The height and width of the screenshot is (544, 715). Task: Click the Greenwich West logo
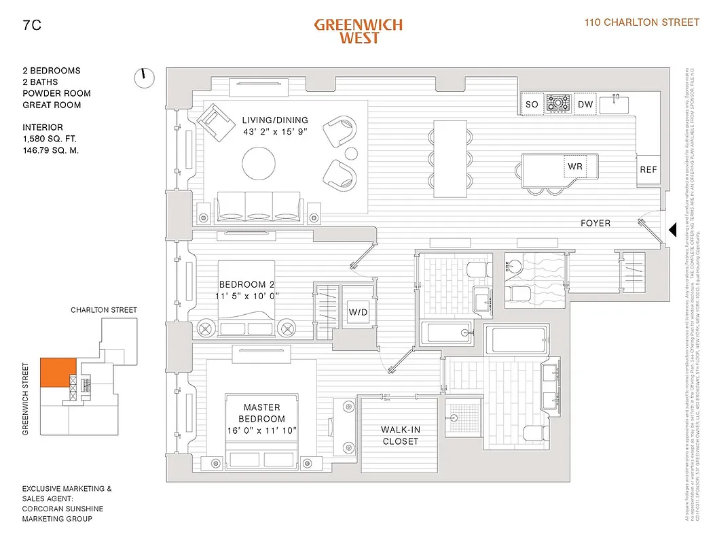click(x=358, y=31)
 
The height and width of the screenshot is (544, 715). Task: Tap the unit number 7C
click(x=31, y=25)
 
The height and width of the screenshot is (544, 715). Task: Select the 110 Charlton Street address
click(x=642, y=22)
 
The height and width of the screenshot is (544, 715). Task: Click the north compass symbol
click(x=144, y=78)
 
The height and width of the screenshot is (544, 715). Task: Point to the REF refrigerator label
click(x=648, y=169)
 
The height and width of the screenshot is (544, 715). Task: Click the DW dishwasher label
click(x=585, y=105)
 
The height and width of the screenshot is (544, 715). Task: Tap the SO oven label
click(x=532, y=105)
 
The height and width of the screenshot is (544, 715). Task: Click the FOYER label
click(x=595, y=223)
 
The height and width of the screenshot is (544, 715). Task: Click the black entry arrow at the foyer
click(x=673, y=231)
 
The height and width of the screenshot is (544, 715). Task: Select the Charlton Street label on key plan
click(x=104, y=310)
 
